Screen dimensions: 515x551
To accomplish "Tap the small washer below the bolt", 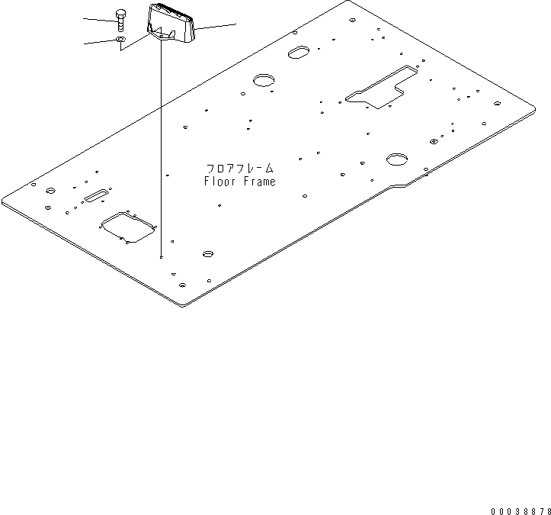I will [x=120, y=39].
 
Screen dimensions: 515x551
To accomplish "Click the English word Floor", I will [x=219, y=182].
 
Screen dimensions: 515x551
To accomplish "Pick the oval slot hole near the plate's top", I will [x=298, y=52].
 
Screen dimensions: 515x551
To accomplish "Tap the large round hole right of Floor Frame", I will [x=396, y=159].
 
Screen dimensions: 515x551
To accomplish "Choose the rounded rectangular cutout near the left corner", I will [x=127, y=227].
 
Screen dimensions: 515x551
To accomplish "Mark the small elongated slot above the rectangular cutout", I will [x=97, y=197].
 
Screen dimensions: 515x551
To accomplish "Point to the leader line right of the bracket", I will [x=217, y=27].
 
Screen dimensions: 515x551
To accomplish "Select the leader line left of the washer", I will [x=98, y=43].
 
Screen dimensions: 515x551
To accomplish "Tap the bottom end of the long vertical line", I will [x=161, y=258].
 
